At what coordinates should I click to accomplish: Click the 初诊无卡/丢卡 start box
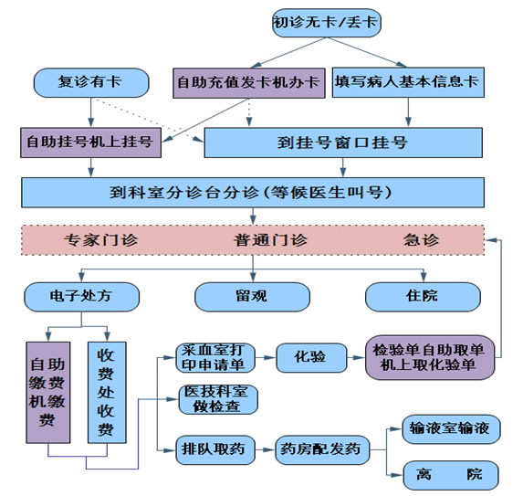327,23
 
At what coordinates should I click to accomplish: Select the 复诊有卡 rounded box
91,83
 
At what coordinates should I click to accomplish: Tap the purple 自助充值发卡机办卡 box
249,83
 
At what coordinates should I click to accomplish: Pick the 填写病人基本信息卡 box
408,82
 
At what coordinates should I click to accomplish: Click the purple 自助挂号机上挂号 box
90,142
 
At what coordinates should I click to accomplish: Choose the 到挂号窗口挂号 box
343,142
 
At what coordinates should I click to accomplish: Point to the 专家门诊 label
100,240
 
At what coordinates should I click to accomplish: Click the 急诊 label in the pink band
421,240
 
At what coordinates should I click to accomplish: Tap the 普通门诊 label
270,240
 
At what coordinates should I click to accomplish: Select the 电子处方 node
82,297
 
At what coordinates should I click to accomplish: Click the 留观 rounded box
252,297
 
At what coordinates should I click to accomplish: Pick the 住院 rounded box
423,297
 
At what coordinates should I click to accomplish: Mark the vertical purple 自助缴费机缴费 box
48,392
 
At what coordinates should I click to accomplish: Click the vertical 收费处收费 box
107,392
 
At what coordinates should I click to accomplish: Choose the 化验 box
311,357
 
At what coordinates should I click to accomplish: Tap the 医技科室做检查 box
218,399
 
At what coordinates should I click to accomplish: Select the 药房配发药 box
322,449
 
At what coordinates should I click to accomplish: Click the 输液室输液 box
451,429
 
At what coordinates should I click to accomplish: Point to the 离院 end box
451,475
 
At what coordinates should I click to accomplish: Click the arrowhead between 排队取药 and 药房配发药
269,450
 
